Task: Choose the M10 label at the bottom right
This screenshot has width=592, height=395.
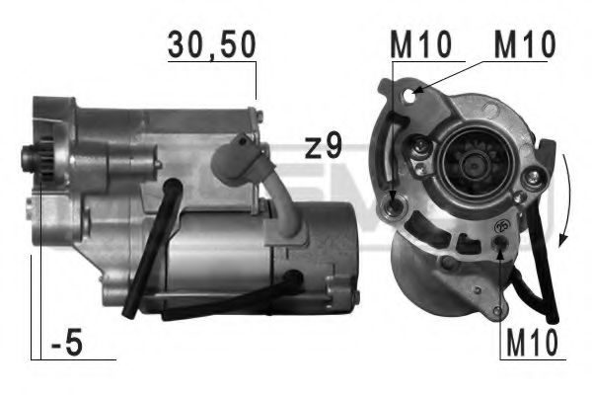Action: [532, 343]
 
